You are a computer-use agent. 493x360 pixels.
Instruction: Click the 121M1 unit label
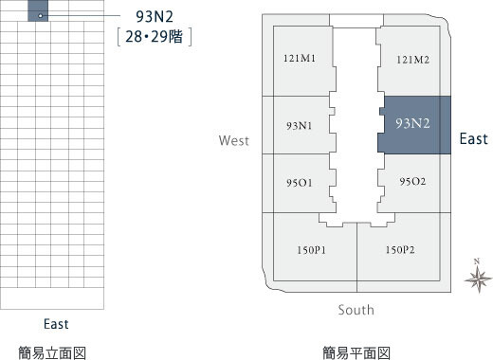(300, 59)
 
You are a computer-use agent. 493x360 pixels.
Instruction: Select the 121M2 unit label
(412, 60)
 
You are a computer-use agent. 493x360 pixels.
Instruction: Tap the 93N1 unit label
(300, 126)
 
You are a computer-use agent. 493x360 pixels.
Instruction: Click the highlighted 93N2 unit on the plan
(414, 125)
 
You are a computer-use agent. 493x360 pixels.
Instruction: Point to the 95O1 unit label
(299, 183)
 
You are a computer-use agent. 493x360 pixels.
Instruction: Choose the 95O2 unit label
(412, 181)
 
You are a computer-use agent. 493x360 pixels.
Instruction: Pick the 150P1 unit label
(311, 250)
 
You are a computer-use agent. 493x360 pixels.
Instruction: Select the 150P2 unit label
(400, 250)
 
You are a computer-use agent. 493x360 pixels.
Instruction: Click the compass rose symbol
(478, 279)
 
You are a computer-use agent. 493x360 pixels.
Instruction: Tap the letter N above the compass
(477, 261)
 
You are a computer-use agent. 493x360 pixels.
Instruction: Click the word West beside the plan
(234, 140)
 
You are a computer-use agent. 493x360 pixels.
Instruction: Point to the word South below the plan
(356, 310)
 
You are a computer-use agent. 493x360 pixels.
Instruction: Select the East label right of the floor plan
(473, 139)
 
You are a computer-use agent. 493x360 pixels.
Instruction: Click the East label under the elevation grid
(56, 324)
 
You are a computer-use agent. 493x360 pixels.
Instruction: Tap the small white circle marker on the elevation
(40, 15)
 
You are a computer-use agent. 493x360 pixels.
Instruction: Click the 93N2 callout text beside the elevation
(155, 17)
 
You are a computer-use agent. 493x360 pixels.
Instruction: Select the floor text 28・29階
(155, 37)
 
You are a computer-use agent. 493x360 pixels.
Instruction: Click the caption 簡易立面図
(52, 352)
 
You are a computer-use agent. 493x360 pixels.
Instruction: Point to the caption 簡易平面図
(356, 352)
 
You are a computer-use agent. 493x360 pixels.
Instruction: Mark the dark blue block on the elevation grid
(38, 10)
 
